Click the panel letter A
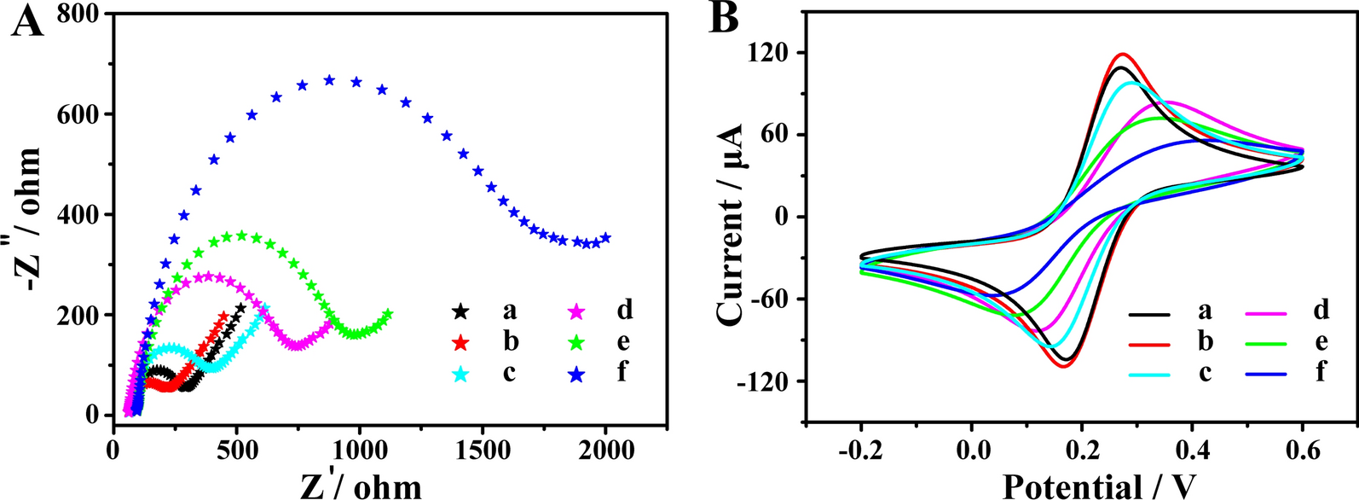[26, 20]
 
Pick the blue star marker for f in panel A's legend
[577, 373]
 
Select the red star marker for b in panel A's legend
[460, 342]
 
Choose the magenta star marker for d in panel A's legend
[577, 311]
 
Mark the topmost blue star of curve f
[329, 80]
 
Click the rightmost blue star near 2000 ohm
[605, 238]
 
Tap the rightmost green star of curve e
[388, 314]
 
